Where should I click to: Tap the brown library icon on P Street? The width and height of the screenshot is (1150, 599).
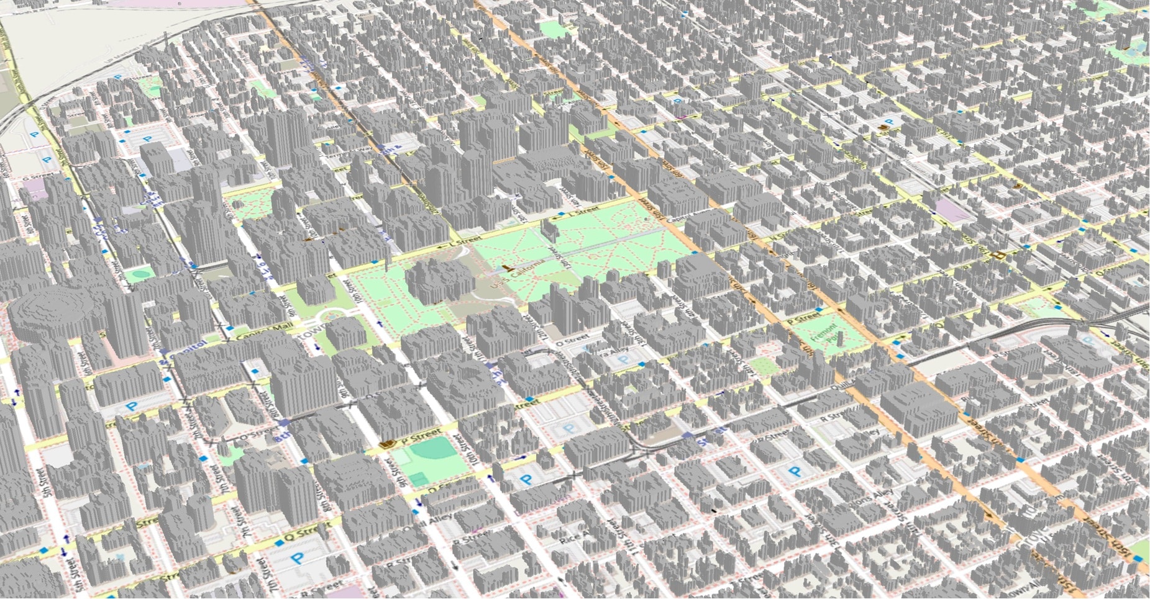coord(390,443)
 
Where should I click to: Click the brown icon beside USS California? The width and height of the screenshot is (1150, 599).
coord(509,269)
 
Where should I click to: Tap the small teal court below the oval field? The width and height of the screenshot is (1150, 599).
coord(418,479)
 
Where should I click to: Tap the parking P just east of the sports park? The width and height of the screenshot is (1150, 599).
coord(526,480)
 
